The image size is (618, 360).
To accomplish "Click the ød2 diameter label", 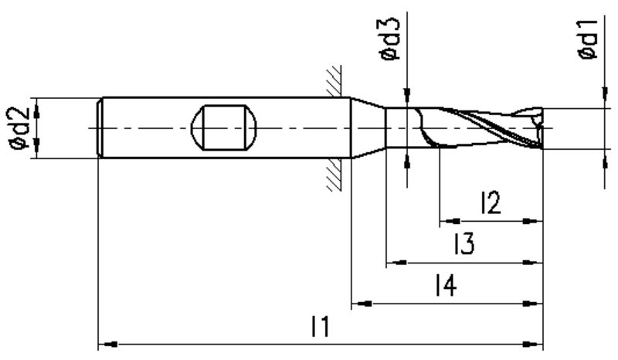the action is point(19,128).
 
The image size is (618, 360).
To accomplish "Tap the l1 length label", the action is point(320,326).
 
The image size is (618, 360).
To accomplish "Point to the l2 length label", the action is point(491,202).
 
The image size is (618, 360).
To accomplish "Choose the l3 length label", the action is point(464,243).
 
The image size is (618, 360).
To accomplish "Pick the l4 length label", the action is point(447,285).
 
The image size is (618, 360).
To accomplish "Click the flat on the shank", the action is point(223,127).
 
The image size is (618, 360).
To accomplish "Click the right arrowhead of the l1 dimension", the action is point(533,345).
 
